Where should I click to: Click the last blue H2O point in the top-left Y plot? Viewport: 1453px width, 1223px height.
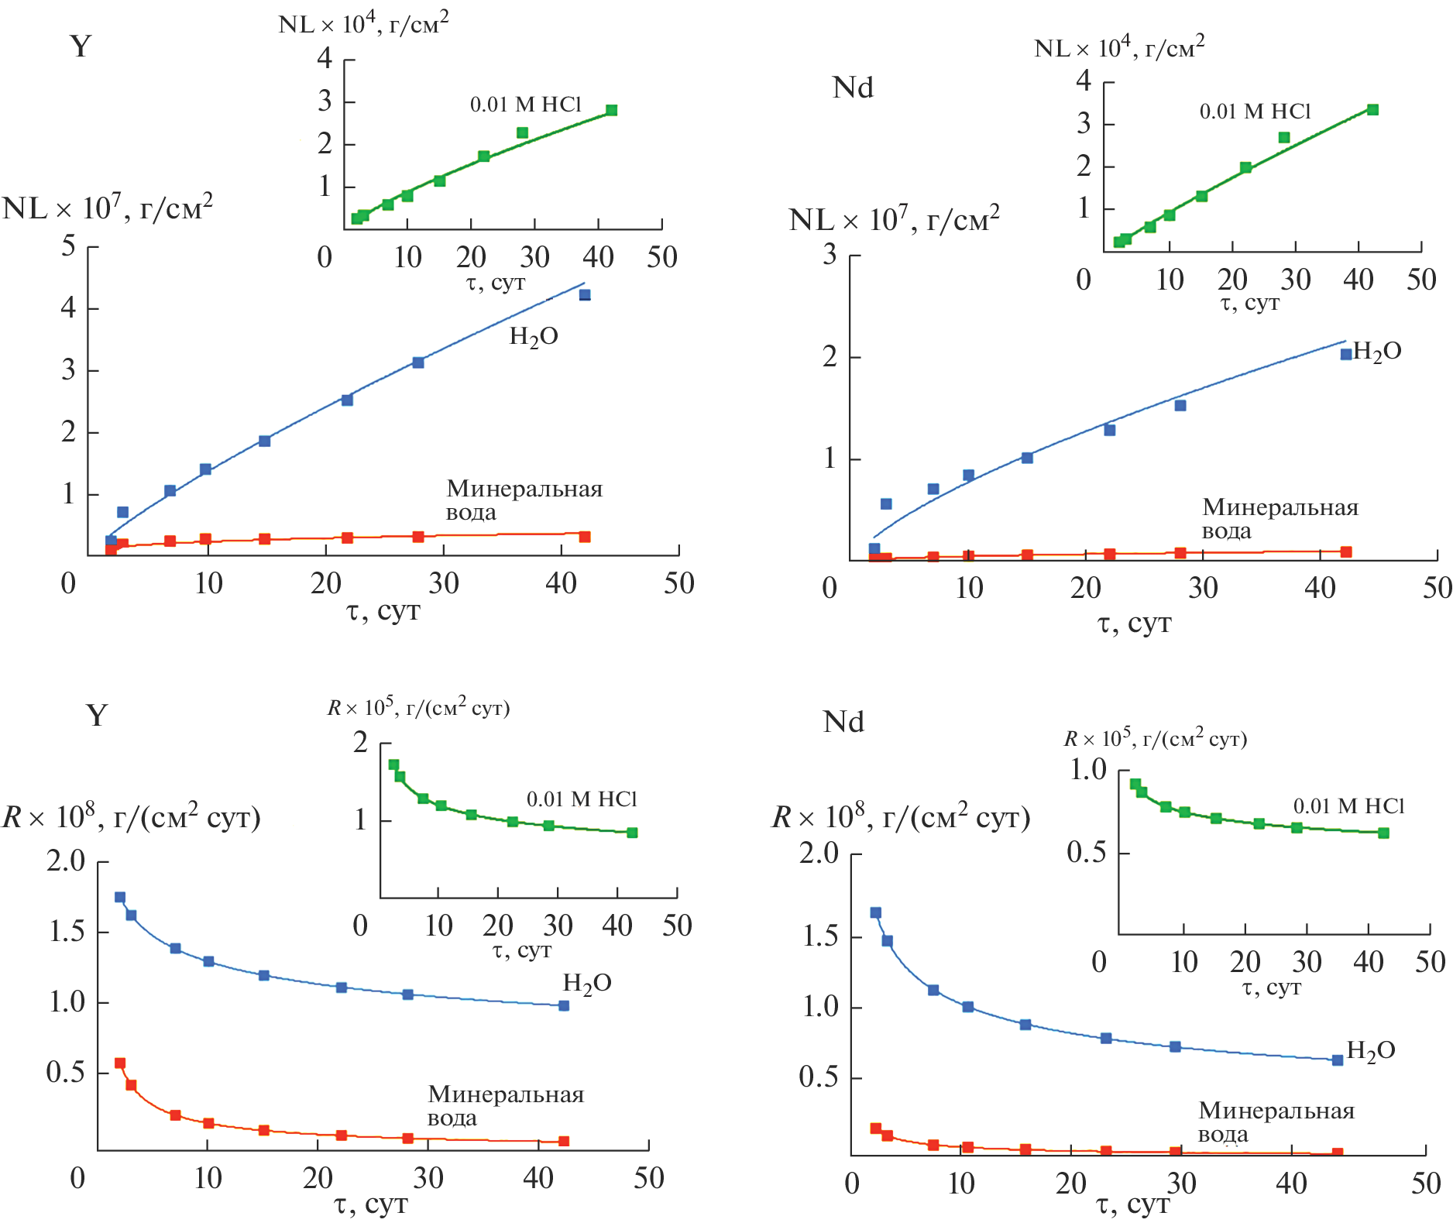click(585, 295)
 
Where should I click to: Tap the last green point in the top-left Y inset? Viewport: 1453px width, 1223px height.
click(611, 110)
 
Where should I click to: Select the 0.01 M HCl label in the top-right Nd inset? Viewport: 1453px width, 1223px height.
click(1255, 112)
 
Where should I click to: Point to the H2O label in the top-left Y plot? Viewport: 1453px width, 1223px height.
click(534, 337)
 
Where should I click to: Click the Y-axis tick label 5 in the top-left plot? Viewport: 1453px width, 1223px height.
click(69, 246)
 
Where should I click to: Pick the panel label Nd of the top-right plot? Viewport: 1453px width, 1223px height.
click(852, 88)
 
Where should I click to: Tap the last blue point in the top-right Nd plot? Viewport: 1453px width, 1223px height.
click(1346, 354)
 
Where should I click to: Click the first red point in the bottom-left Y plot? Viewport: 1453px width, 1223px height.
click(120, 1063)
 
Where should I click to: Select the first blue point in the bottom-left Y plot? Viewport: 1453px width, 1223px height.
click(120, 897)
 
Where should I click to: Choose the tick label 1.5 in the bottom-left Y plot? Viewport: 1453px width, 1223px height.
click(67, 932)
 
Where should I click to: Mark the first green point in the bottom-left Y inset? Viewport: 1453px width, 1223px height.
click(393, 764)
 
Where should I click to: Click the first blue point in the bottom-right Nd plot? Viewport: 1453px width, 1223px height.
click(876, 912)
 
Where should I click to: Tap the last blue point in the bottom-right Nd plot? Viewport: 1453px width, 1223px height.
click(1338, 1060)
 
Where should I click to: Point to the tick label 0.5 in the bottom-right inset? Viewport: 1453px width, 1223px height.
click(1086, 853)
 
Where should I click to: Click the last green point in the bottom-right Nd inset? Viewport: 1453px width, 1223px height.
click(1384, 833)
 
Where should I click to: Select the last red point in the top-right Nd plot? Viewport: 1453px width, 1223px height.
click(1346, 552)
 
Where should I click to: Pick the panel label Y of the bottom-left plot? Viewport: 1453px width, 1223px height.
click(97, 715)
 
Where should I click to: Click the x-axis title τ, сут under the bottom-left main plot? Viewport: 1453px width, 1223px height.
click(371, 1204)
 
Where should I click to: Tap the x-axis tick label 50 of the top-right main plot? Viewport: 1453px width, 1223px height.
click(1437, 589)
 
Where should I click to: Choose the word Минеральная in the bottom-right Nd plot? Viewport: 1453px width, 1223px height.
click(1276, 1111)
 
